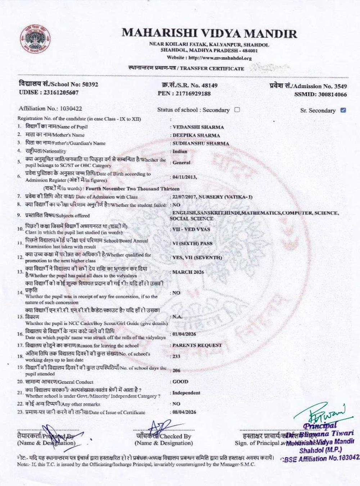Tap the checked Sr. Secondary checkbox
(x=343, y=110)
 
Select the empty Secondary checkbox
(x=237, y=109)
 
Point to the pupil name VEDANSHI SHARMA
(x=198, y=127)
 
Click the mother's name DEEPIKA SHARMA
(x=196, y=135)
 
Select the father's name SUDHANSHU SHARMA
(x=201, y=143)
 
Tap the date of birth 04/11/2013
(x=184, y=177)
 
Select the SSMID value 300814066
(x=333, y=94)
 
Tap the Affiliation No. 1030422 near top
(x=71, y=108)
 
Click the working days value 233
(x=176, y=356)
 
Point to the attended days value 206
(x=176, y=370)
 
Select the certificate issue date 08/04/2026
(x=184, y=412)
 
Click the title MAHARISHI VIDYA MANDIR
(x=209, y=33)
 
